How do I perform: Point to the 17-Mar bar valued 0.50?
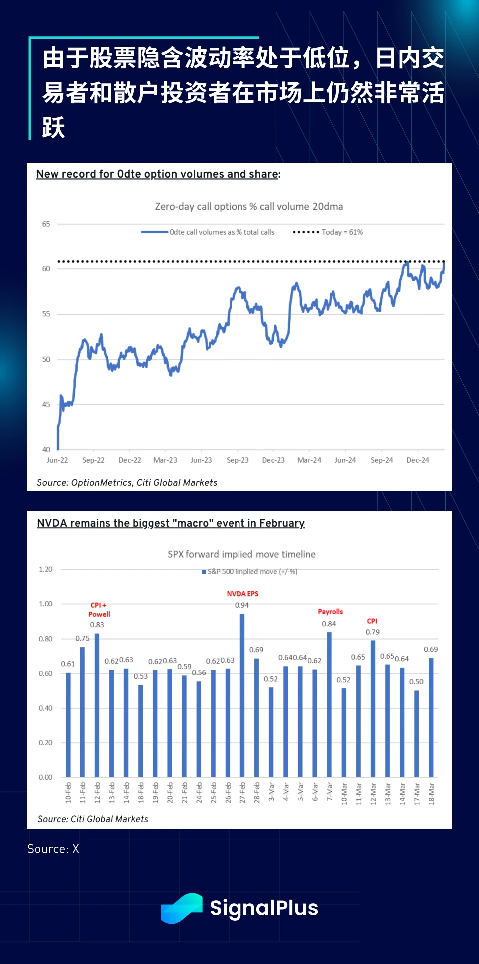tap(417, 733)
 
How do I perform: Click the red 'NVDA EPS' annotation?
tap(242, 594)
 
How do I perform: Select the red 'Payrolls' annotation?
tap(330, 611)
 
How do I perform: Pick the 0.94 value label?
tap(242, 605)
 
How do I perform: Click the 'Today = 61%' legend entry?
tap(328, 232)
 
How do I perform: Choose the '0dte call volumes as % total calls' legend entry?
tap(208, 232)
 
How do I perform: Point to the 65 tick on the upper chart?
tap(46, 224)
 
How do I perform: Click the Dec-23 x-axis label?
tap(273, 460)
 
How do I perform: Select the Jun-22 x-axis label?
tap(57, 460)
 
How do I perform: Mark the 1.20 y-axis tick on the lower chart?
tap(45, 569)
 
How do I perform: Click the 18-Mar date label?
tap(431, 793)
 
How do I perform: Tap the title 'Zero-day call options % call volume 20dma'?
tap(249, 207)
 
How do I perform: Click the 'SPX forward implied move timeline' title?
tap(241, 554)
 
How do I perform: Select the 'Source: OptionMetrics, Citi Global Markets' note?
tap(127, 482)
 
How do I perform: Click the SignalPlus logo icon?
tap(182, 908)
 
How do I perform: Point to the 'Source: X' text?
tap(53, 849)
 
